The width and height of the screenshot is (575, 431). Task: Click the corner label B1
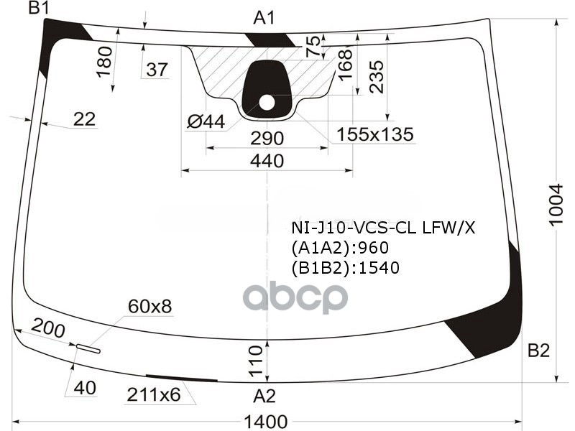(38, 9)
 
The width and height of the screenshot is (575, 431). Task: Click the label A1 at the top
(264, 18)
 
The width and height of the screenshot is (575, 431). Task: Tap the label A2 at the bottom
(264, 395)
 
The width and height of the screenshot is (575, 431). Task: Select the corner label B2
(538, 351)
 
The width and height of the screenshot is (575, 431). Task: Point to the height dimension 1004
(556, 205)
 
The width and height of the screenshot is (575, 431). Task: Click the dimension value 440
(267, 161)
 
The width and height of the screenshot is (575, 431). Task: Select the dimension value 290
(267, 138)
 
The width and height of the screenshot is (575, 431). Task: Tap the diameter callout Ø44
(206, 122)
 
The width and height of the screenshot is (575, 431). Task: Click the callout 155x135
(375, 134)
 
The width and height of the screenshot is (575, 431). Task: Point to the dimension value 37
(157, 70)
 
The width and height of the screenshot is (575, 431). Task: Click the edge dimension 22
(84, 119)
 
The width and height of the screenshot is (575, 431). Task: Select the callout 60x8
(149, 307)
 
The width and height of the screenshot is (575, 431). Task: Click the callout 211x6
(153, 394)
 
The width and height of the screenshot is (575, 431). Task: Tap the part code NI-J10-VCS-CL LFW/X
(383, 228)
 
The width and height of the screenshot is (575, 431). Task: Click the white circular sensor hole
(267, 102)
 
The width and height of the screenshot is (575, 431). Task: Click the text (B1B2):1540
(345, 268)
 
